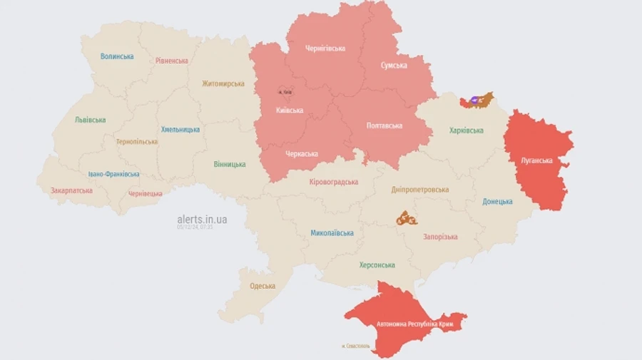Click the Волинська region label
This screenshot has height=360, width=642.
(117, 56)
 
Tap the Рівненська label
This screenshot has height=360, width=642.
(172, 61)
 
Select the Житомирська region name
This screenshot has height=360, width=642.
(223, 83)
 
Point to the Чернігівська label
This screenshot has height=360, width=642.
(325, 48)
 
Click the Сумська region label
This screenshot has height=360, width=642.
(394, 66)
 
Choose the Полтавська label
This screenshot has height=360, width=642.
(384, 125)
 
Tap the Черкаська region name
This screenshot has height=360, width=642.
(302, 154)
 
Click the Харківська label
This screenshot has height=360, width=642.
(466, 130)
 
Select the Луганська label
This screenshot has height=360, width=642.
(536, 160)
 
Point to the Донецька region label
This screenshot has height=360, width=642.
(497, 202)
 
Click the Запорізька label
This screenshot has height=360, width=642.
(440, 237)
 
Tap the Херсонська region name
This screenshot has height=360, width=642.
(377, 265)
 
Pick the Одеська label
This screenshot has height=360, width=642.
(263, 286)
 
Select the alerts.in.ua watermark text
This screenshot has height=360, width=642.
(202, 220)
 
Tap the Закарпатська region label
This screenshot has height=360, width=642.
(71, 191)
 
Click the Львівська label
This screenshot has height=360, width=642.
(90, 120)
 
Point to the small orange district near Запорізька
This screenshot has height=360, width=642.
(407, 218)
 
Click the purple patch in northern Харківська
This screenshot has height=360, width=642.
(473, 101)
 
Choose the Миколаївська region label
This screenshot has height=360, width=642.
(332, 233)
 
